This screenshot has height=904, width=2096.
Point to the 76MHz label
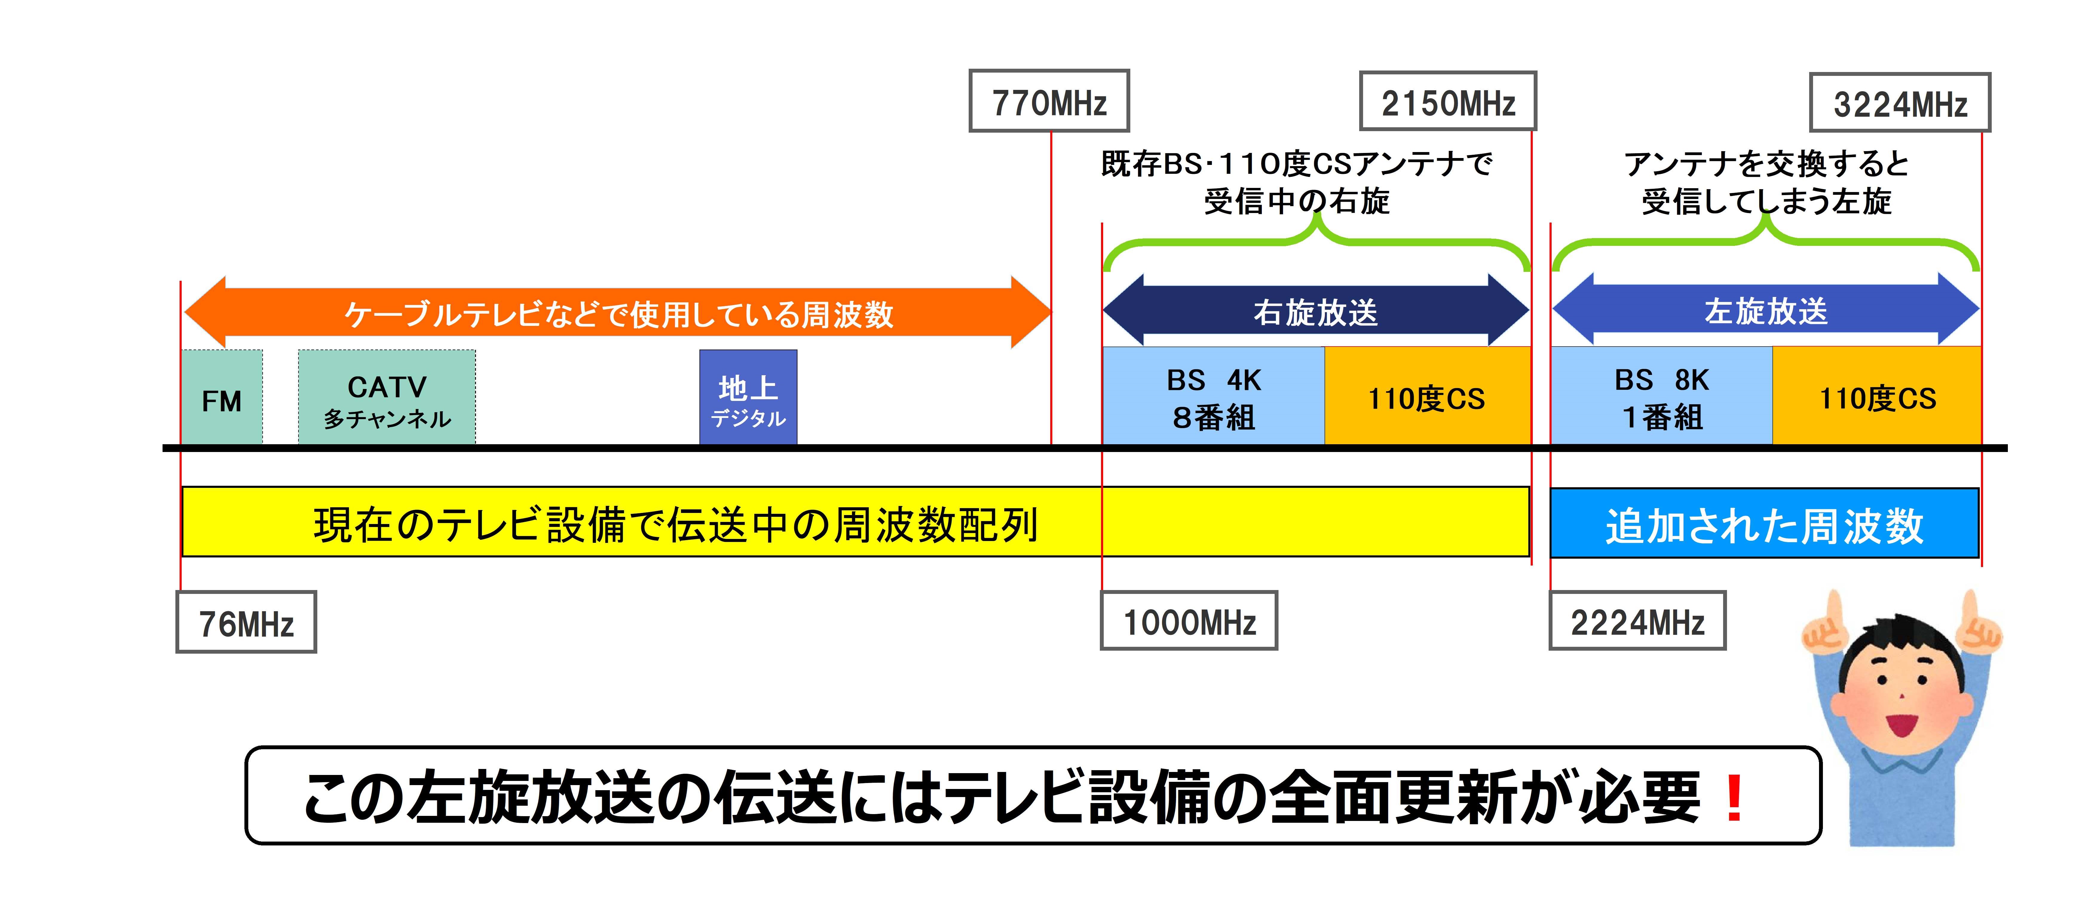[x=246, y=623]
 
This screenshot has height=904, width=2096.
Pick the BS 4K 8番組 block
[x=1213, y=397]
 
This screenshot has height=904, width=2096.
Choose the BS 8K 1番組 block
[x=1662, y=397]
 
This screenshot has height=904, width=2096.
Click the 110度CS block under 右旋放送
[x=1427, y=397]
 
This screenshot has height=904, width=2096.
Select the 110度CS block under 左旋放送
[x=1877, y=397]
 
